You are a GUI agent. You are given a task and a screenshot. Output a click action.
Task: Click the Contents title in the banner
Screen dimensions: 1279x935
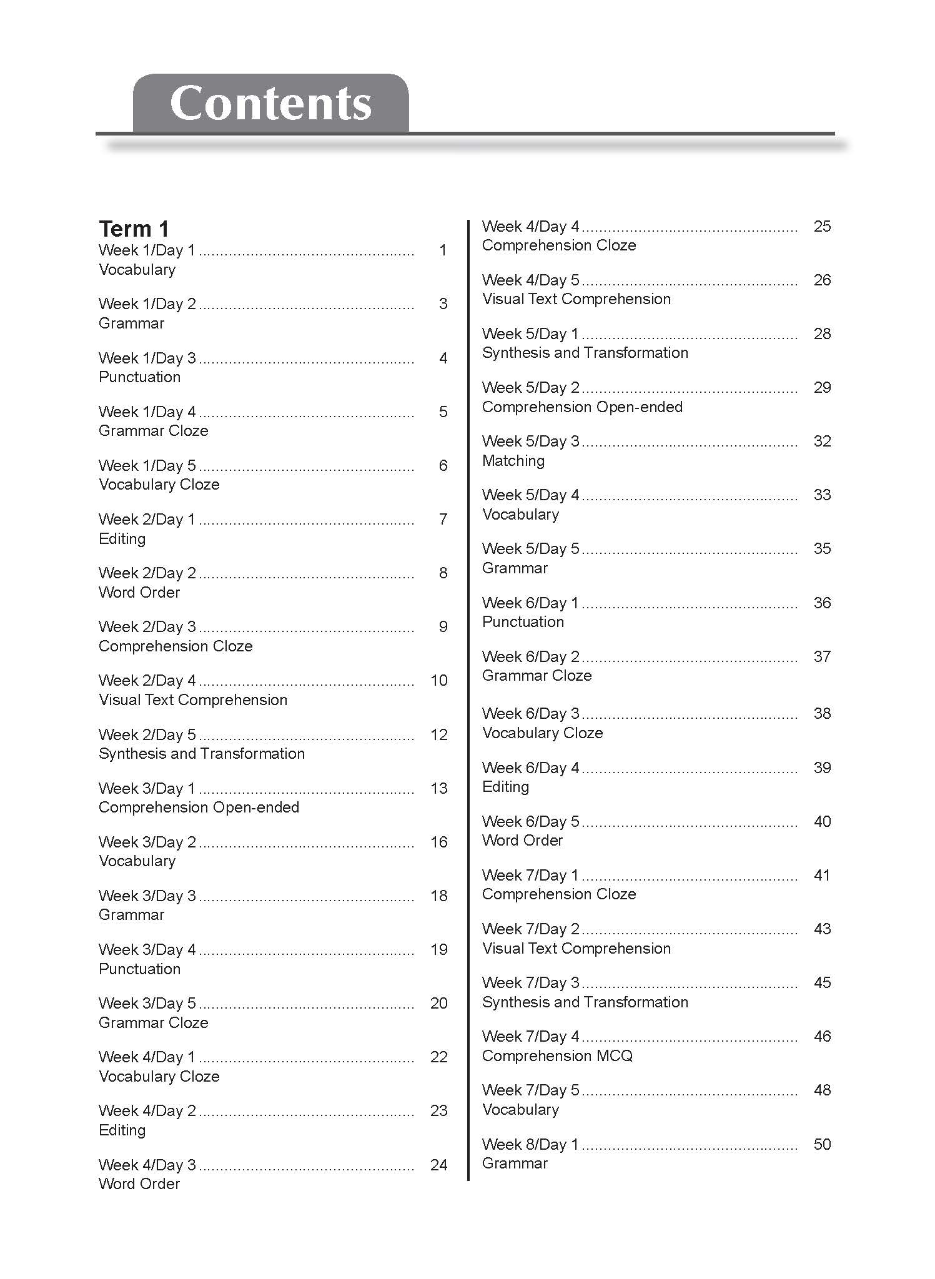270,104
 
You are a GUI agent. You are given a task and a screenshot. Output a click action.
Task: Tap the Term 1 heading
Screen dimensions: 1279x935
134,229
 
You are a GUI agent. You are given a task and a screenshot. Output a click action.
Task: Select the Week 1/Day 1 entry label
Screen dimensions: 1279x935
147,250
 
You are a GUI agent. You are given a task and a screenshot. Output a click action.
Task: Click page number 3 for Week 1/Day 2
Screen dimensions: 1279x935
443,304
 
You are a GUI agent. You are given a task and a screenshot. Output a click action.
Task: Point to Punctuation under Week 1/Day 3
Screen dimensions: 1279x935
139,377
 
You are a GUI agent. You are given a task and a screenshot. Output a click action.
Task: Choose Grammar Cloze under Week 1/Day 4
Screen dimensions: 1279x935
153,431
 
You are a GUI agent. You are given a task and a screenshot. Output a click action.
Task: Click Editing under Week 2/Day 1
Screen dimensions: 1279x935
122,538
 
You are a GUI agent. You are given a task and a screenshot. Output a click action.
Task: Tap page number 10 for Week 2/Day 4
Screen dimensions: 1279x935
439,681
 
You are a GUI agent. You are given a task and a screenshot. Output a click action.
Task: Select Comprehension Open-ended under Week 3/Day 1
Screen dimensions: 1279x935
199,807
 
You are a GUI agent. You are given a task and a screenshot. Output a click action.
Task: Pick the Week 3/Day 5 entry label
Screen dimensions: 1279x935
147,1004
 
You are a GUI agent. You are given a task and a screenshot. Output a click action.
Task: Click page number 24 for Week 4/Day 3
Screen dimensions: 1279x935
439,1165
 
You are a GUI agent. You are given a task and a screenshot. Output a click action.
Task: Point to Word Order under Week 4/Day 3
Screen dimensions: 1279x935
139,1184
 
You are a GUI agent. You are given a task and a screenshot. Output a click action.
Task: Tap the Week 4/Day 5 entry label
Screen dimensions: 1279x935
530,280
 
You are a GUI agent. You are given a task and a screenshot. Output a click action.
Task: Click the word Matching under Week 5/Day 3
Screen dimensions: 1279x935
513,461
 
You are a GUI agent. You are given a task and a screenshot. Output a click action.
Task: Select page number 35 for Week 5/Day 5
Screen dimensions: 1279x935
822,549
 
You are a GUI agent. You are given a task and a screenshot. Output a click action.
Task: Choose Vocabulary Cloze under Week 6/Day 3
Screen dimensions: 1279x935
542,733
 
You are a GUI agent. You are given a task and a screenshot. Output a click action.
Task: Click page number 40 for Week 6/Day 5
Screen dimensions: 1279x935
822,822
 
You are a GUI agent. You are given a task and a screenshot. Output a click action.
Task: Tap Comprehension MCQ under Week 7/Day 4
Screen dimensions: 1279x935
557,1056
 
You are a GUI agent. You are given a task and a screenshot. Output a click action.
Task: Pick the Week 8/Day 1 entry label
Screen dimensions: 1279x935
530,1145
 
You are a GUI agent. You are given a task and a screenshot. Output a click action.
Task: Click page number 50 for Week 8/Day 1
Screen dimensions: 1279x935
822,1145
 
